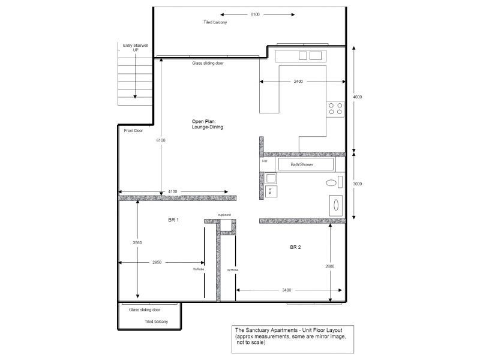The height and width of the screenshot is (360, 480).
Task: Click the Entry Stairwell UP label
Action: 135,47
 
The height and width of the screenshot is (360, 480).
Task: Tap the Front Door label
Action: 133,130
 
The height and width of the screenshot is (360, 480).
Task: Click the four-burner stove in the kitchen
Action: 335,108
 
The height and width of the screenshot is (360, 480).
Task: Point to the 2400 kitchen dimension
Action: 298,81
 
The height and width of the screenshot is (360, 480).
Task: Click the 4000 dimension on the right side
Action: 357,97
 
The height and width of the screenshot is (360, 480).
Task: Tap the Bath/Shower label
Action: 303,164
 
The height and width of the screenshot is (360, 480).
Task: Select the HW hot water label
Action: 264,161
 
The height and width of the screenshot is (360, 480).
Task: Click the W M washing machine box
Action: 271,191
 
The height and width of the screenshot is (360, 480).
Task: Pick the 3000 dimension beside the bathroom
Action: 357,184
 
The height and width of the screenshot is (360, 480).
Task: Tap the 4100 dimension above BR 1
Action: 172,191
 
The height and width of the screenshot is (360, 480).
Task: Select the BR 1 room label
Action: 173,220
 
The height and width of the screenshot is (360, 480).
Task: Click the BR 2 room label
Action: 295,247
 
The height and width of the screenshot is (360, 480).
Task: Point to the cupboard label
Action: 224,214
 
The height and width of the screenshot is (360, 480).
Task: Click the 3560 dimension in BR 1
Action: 138,242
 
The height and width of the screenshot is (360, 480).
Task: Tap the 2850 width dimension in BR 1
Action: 157,262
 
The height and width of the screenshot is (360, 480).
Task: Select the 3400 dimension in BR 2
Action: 286,290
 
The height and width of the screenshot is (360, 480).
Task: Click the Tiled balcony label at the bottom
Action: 156,322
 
